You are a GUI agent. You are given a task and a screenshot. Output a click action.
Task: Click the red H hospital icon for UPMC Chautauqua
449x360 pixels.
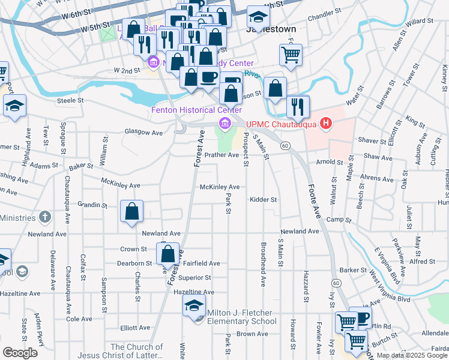pos(326,124)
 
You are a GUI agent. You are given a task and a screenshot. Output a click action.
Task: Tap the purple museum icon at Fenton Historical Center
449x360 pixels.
pos(225,124)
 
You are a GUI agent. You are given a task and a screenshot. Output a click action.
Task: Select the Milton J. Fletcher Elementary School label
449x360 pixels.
pos(240,317)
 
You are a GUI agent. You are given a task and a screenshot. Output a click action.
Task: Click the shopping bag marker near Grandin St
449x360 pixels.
pos(132,212)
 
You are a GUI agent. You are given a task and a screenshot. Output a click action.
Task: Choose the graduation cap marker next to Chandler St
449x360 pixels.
pos(258,16)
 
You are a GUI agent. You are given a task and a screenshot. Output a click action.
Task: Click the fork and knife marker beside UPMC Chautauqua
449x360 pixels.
pos(298,107)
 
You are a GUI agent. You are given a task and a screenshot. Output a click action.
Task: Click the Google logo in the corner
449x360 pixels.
pos(20,353)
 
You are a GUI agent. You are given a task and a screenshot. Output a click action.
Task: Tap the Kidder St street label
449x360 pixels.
pos(264,199)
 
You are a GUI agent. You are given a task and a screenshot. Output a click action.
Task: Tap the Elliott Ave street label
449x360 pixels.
pos(135,328)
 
